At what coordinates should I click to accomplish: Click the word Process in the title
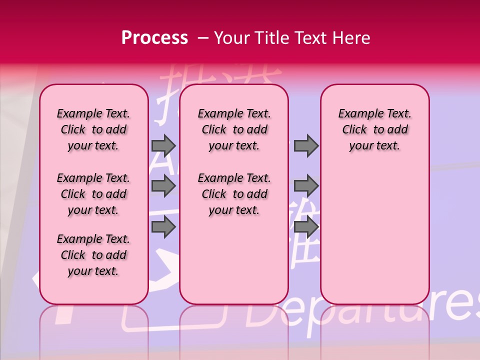coord(154,38)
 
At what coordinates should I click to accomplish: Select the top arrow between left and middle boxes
coord(163,145)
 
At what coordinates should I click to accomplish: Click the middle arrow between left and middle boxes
coord(163,186)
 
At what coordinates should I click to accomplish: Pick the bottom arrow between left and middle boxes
coord(163,227)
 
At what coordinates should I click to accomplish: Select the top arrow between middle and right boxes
coord(306,145)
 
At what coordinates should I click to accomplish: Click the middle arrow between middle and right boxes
coord(306,186)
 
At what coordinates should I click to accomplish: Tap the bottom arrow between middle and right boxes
coord(306,227)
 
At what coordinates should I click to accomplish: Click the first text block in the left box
coord(93,129)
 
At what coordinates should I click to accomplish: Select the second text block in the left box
coord(93,194)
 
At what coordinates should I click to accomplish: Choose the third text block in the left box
coord(93,255)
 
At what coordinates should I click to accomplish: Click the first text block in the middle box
coord(234,129)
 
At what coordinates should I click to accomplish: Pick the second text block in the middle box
coord(234,194)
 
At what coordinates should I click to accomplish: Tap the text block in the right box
coord(374,129)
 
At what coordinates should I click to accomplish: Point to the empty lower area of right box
coord(374,230)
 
